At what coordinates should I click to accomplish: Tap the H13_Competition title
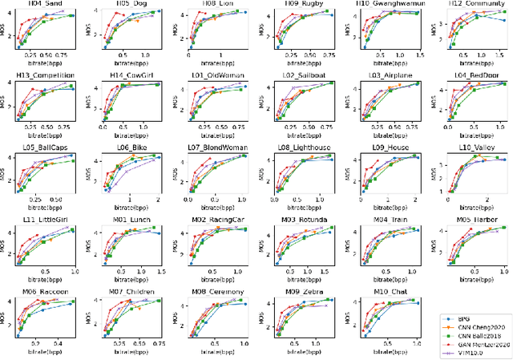tap(46, 75)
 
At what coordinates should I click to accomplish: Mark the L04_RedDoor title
tap(470, 75)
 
